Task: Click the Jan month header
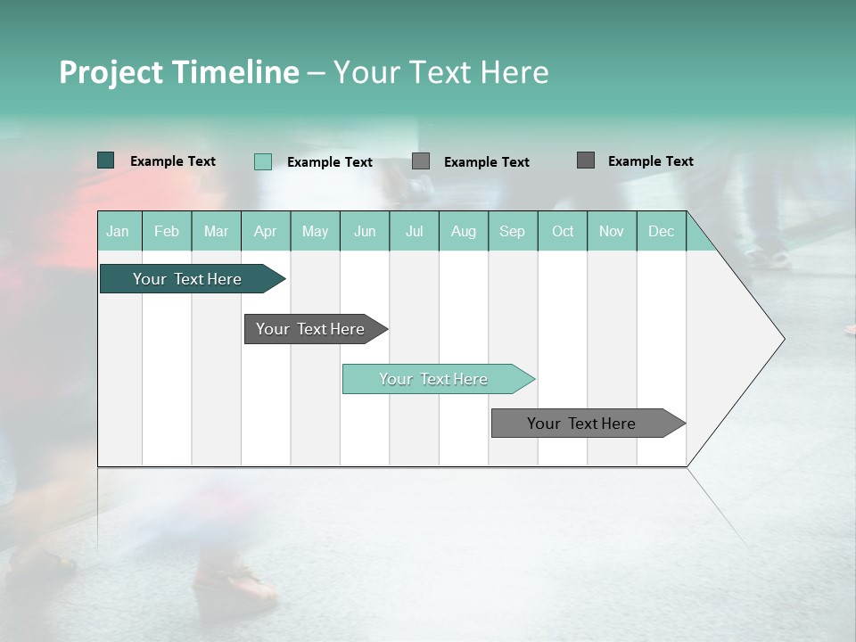pyautogui.click(x=118, y=231)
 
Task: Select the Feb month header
pyautogui.click(x=167, y=231)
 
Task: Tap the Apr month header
pyautogui.click(x=265, y=231)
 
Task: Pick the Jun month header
pyautogui.click(x=365, y=231)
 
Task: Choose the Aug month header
pyautogui.click(x=463, y=231)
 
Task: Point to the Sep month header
pyautogui.click(x=512, y=231)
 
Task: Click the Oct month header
pyautogui.click(x=563, y=231)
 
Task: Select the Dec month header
pyautogui.click(x=661, y=231)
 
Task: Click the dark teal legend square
pyautogui.click(x=105, y=160)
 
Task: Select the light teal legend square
pyautogui.click(x=262, y=161)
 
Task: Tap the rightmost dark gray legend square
pyautogui.click(x=585, y=160)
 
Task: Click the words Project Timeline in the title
pyautogui.click(x=178, y=72)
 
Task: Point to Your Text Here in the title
pyautogui.click(x=440, y=72)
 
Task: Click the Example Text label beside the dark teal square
pyautogui.click(x=173, y=161)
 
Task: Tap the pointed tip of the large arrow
pyautogui.click(x=782, y=339)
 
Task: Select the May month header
pyautogui.click(x=315, y=231)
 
